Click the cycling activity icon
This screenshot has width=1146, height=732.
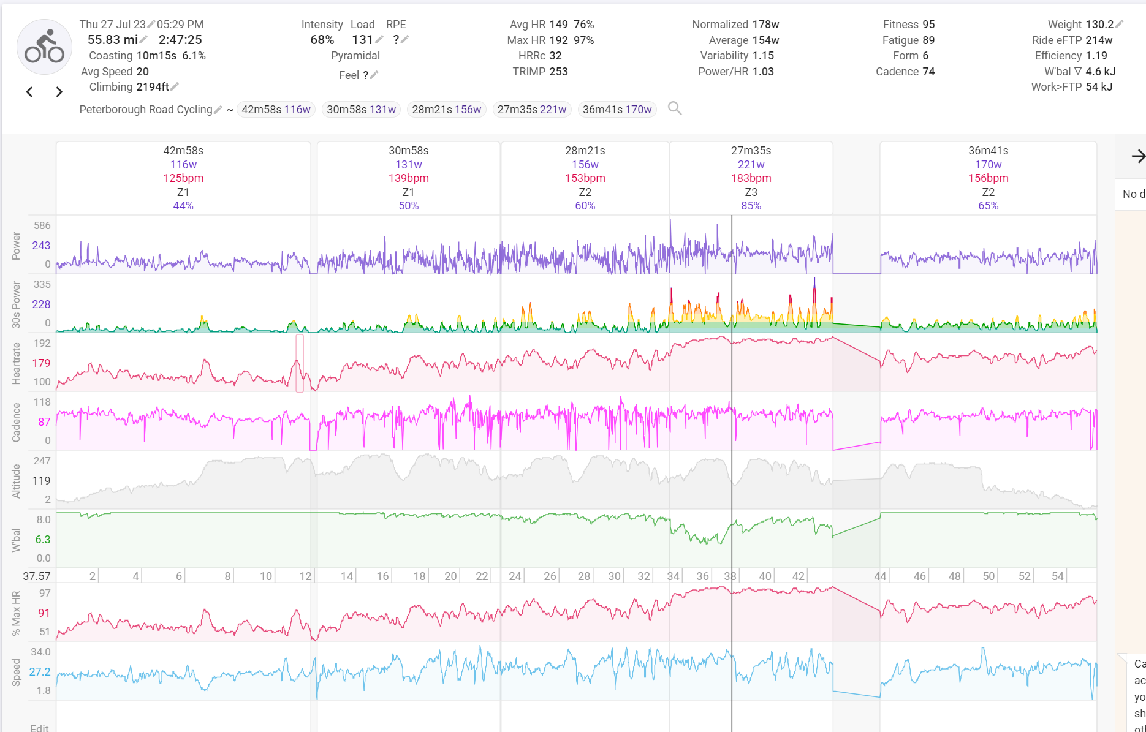pos(44,47)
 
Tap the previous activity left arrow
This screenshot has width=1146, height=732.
pos(29,92)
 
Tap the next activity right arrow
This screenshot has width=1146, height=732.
pos(59,92)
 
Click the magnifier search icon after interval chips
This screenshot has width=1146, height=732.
pos(675,108)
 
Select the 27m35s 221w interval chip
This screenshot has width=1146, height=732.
pos(531,110)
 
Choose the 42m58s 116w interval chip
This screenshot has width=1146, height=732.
pos(276,110)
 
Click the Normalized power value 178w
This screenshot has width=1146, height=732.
pos(765,25)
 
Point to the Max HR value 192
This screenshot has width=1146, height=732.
pos(558,40)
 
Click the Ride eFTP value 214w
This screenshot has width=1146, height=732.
pos(1099,40)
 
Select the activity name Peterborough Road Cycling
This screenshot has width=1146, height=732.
pos(145,110)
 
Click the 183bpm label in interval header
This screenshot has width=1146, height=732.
pos(751,178)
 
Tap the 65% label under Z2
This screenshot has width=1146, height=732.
pos(988,206)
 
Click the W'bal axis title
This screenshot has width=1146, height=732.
pos(17,540)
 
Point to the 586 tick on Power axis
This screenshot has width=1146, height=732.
pos(42,226)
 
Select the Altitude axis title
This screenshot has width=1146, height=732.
pos(17,481)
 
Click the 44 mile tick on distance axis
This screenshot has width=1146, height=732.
pos(880,576)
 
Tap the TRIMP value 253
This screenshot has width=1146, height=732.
pos(558,72)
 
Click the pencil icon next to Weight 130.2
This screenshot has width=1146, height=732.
pos(1120,25)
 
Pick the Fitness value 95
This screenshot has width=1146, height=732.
pos(928,25)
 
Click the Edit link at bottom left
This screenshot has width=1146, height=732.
pos(39,728)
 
